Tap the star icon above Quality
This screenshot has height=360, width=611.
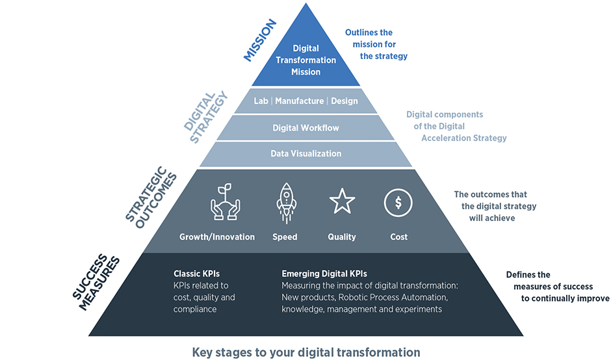point(342,202)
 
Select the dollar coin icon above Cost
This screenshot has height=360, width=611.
point(397,202)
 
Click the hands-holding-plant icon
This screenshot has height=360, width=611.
point(226,202)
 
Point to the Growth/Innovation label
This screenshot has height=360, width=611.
point(217,237)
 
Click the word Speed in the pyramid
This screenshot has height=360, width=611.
point(285,237)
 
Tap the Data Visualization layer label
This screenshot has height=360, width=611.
point(305,154)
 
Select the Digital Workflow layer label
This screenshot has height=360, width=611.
point(305,128)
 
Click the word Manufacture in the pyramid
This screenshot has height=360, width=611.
point(299,101)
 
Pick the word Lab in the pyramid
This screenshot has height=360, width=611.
point(261,101)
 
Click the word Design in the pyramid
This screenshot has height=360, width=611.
point(344,101)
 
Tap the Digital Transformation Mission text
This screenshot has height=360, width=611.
point(305,60)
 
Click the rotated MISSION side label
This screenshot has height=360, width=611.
point(260,40)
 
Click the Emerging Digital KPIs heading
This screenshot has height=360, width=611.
point(324,274)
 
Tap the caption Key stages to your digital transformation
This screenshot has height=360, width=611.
point(305,352)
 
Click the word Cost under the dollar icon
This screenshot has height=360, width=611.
point(398,237)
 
